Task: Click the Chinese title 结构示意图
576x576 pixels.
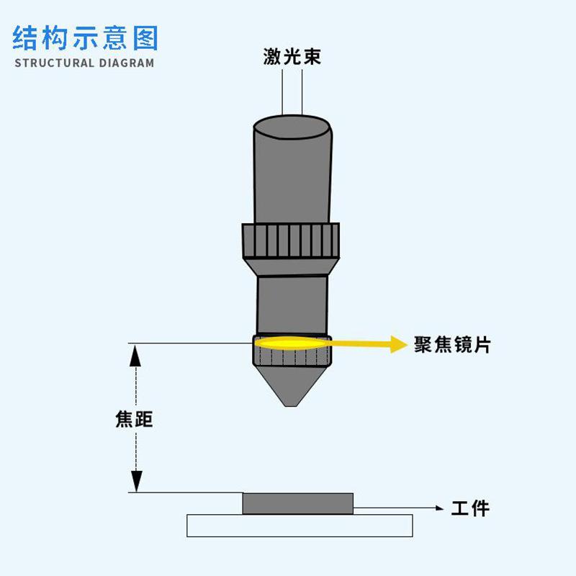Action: (x=85, y=37)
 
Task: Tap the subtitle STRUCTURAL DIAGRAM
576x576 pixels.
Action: (x=84, y=63)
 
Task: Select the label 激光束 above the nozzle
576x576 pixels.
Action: (x=292, y=56)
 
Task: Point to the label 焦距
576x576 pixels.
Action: (x=134, y=419)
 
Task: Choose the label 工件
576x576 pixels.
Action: (x=470, y=508)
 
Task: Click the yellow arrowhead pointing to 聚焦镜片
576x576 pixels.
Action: (x=398, y=344)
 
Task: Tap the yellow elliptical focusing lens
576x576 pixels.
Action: (x=291, y=343)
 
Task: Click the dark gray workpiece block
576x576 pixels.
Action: (x=298, y=503)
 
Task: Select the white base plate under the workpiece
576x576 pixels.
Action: (x=300, y=526)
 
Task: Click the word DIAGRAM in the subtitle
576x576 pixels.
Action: (x=125, y=63)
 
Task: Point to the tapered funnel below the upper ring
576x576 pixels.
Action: (x=291, y=268)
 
